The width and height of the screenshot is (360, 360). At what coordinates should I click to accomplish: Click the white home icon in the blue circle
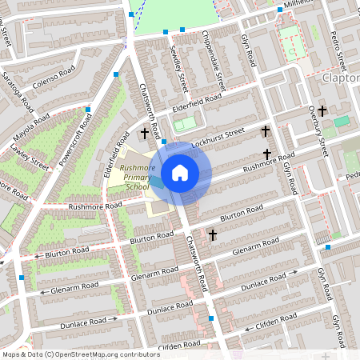point(180,173)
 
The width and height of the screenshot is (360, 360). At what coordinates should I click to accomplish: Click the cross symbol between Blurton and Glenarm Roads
point(213,235)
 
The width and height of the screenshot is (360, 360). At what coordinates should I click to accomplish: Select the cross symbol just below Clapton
point(322,110)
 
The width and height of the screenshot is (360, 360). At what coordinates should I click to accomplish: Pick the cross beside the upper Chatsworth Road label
point(145,134)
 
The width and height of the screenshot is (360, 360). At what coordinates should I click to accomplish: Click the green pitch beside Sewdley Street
point(185,124)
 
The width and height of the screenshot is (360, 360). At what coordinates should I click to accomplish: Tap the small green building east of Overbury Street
point(342,121)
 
